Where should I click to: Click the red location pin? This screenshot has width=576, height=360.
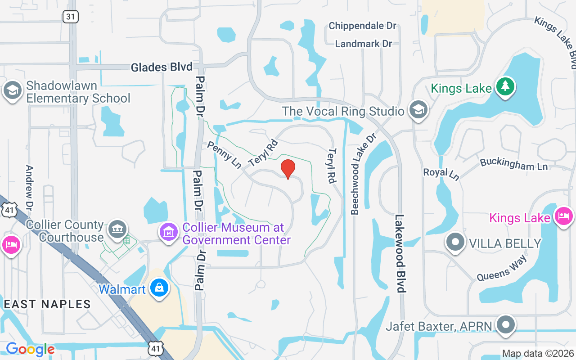pos(288,169)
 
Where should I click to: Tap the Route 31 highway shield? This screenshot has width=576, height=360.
pos(71,17)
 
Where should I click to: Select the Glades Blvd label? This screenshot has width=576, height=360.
pos(162,67)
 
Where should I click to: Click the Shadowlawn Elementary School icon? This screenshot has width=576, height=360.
pos(12,90)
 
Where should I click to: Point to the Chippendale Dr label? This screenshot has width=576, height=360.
pos(362,26)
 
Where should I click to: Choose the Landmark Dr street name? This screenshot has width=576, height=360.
pos(364,44)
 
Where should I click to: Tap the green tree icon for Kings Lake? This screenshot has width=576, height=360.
pos(505,86)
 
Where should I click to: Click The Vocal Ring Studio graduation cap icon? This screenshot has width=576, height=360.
pos(418,109)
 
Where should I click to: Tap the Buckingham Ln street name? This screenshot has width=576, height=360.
pos(513,164)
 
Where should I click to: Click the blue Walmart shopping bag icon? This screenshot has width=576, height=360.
pos(159,288)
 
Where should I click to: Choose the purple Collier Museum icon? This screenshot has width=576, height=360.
pos(169,232)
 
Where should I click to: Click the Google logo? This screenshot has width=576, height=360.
pos(30,349)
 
